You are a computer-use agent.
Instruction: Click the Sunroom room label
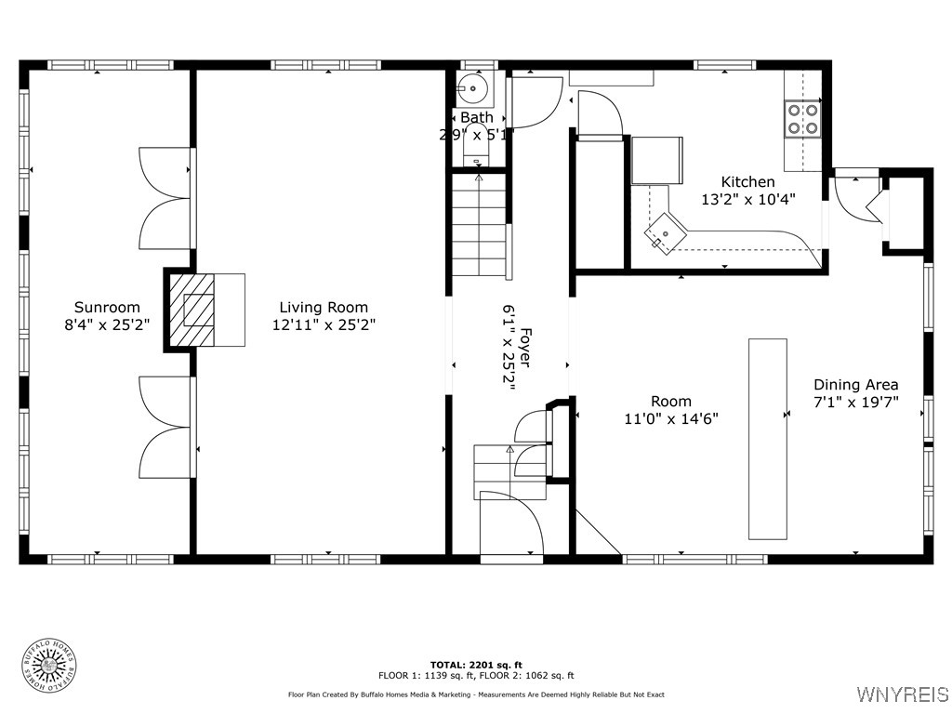tap(107, 307)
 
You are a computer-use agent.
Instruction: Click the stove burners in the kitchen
tap(802, 118)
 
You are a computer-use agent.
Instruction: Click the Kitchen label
tap(747, 181)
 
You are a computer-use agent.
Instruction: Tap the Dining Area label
tap(855, 384)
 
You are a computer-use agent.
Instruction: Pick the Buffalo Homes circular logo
tap(48, 665)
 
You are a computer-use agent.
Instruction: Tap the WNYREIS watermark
tap(902, 694)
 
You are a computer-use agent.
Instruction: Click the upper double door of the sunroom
tap(165, 197)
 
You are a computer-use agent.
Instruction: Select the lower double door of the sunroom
tap(165, 427)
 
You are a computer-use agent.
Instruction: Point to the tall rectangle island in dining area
tap(767, 438)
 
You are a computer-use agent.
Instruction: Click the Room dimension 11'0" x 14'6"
tap(670, 418)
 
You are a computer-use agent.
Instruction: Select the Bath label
tap(477, 117)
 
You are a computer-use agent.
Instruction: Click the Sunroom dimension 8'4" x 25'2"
tap(107, 324)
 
